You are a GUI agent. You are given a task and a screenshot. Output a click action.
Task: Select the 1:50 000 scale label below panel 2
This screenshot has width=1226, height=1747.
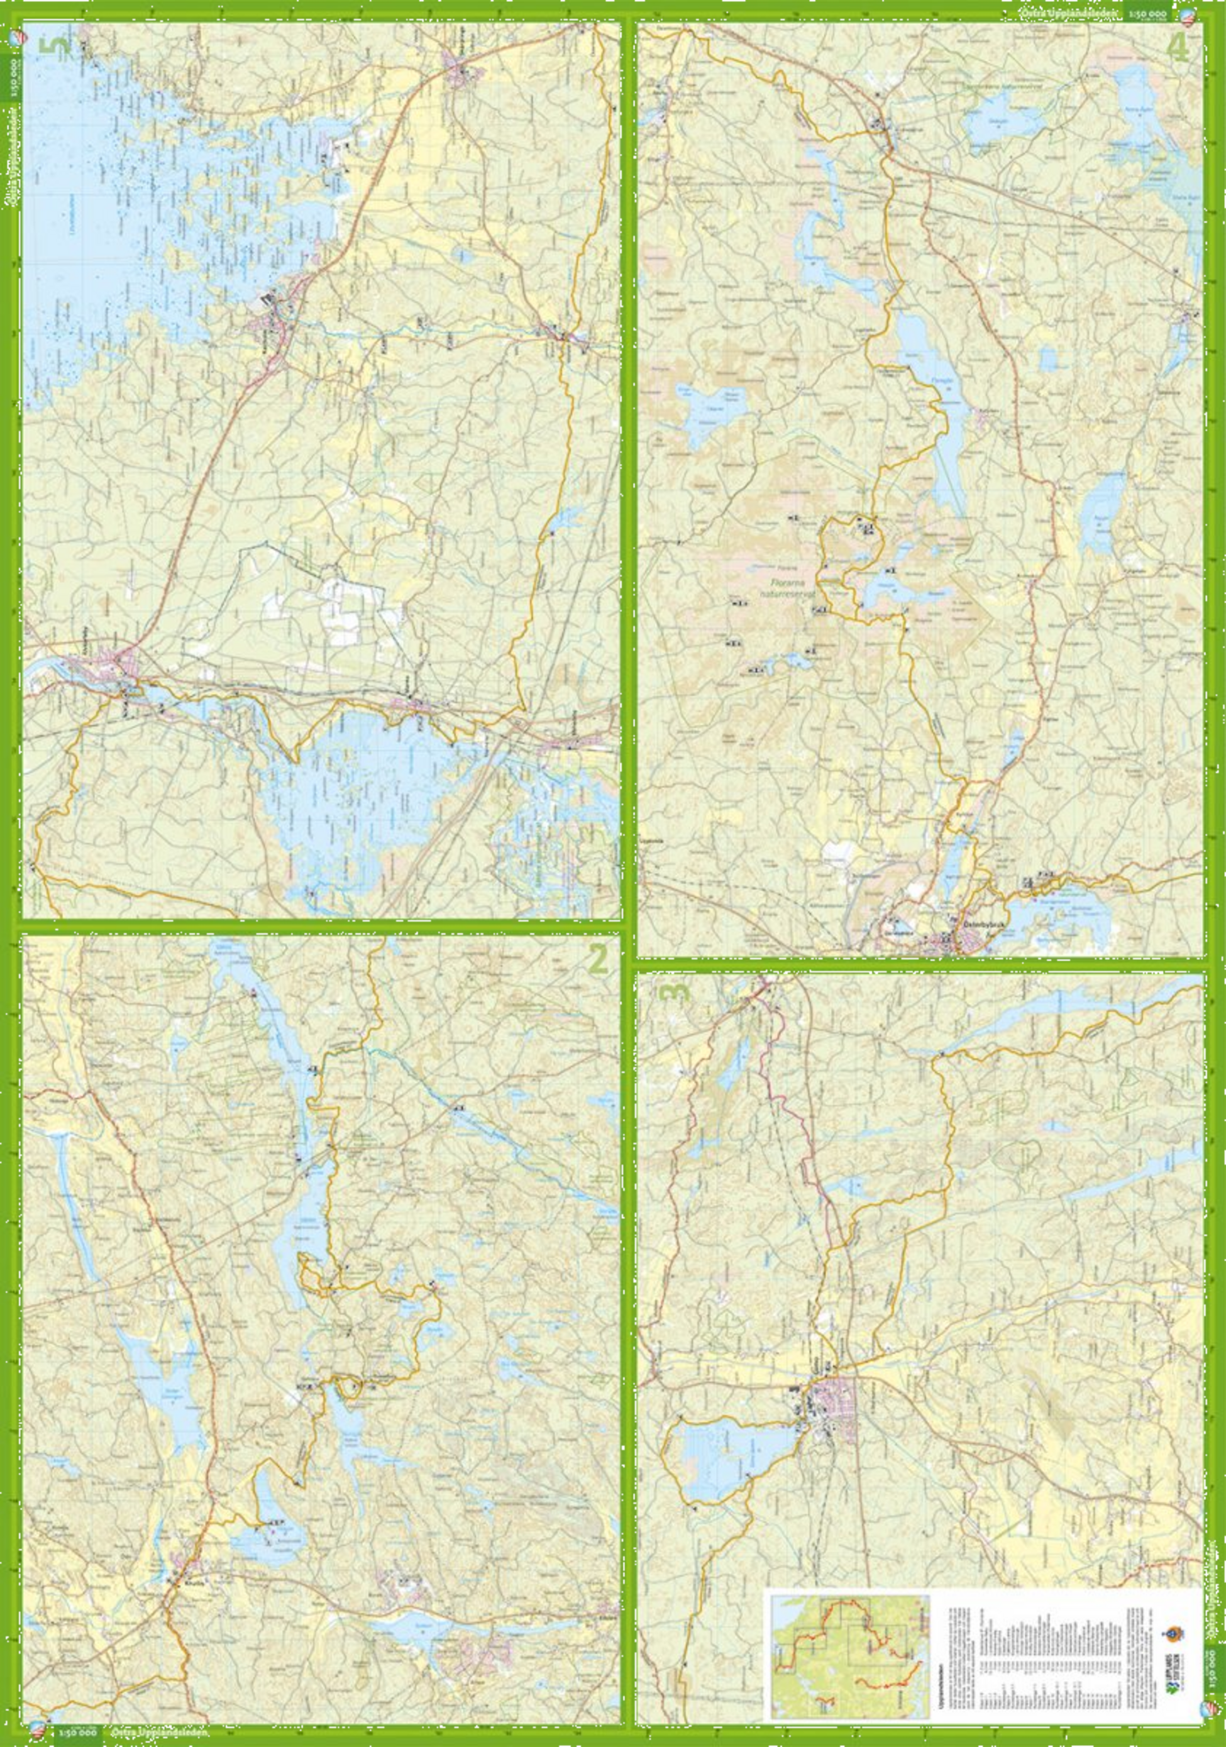(75, 1733)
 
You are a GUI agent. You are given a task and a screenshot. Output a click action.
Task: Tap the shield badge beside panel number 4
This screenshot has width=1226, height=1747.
(1208, 15)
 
